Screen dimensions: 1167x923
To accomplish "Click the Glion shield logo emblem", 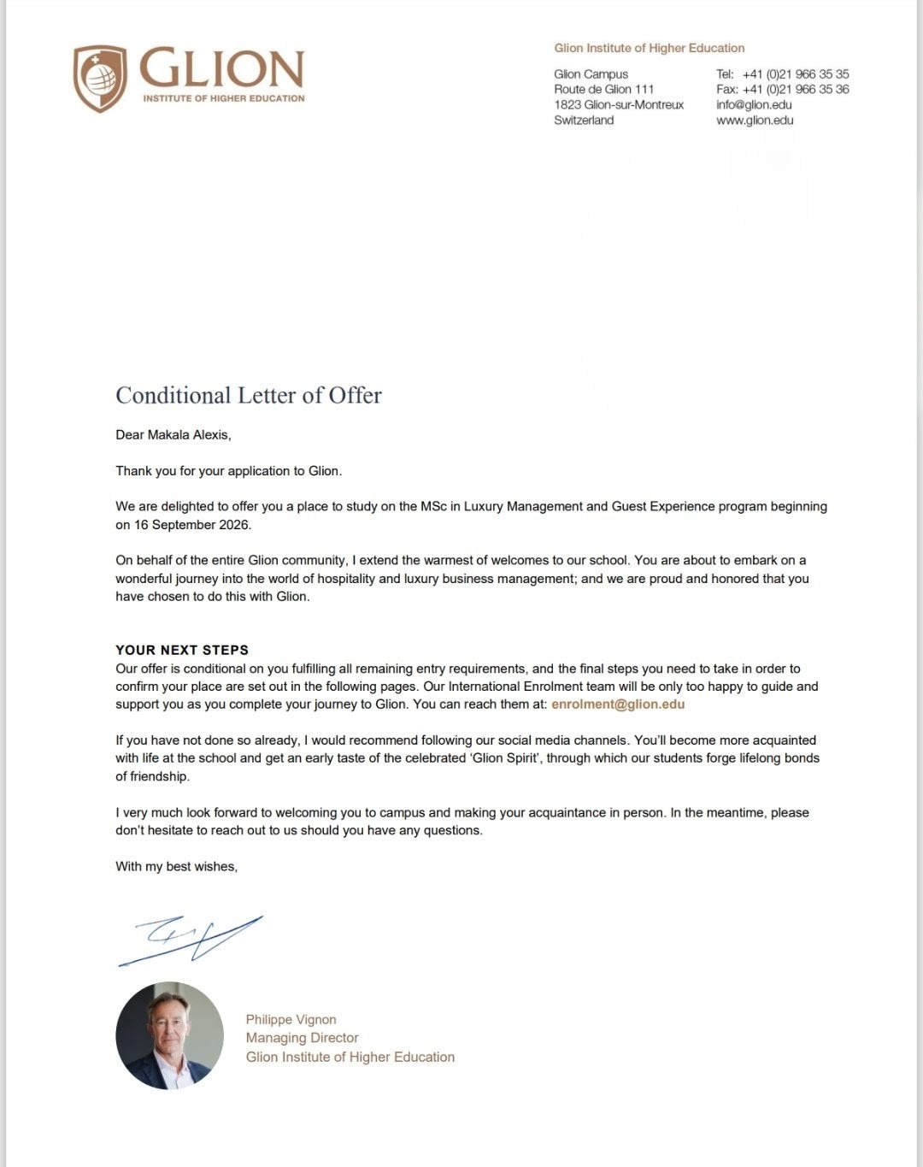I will pyautogui.click(x=100, y=78).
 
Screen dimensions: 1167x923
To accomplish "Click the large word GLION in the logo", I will pyautogui.click(x=221, y=68).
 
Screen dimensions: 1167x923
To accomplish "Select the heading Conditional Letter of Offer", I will pyautogui.click(x=249, y=395).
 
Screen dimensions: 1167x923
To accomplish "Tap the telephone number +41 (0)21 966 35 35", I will pyautogui.click(x=795, y=74).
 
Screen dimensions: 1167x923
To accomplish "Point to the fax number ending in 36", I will pyautogui.click(x=795, y=89).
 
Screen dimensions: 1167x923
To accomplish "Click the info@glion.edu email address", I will pyautogui.click(x=754, y=104).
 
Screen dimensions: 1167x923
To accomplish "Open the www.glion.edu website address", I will pyautogui.click(x=755, y=120).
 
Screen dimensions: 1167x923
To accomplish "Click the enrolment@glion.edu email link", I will pyautogui.click(x=618, y=704).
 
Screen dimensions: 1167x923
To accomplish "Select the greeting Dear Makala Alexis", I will pyautogui.click(x=173, y=434).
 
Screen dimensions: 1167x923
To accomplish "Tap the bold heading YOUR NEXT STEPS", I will pyautogui.click(x=182, y=650).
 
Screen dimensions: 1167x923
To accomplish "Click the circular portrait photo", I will pyautogui.click(x=169, y=1035).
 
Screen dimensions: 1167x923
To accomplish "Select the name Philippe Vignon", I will pyautogui.click(x=291, y=1019).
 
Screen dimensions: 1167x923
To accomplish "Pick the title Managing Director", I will pyautogui.click(x=302, y=1038).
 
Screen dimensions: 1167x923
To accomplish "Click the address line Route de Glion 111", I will pyautogui.click(x=603, y=89).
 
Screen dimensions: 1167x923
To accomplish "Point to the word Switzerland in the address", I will pyautogui.click(x=584, y=120).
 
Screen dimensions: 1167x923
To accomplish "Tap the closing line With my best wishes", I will pyautogui.click(x=176, y=866).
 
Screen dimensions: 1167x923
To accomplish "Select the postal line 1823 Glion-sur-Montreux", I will pyautogui.click(x=619, y=104).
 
